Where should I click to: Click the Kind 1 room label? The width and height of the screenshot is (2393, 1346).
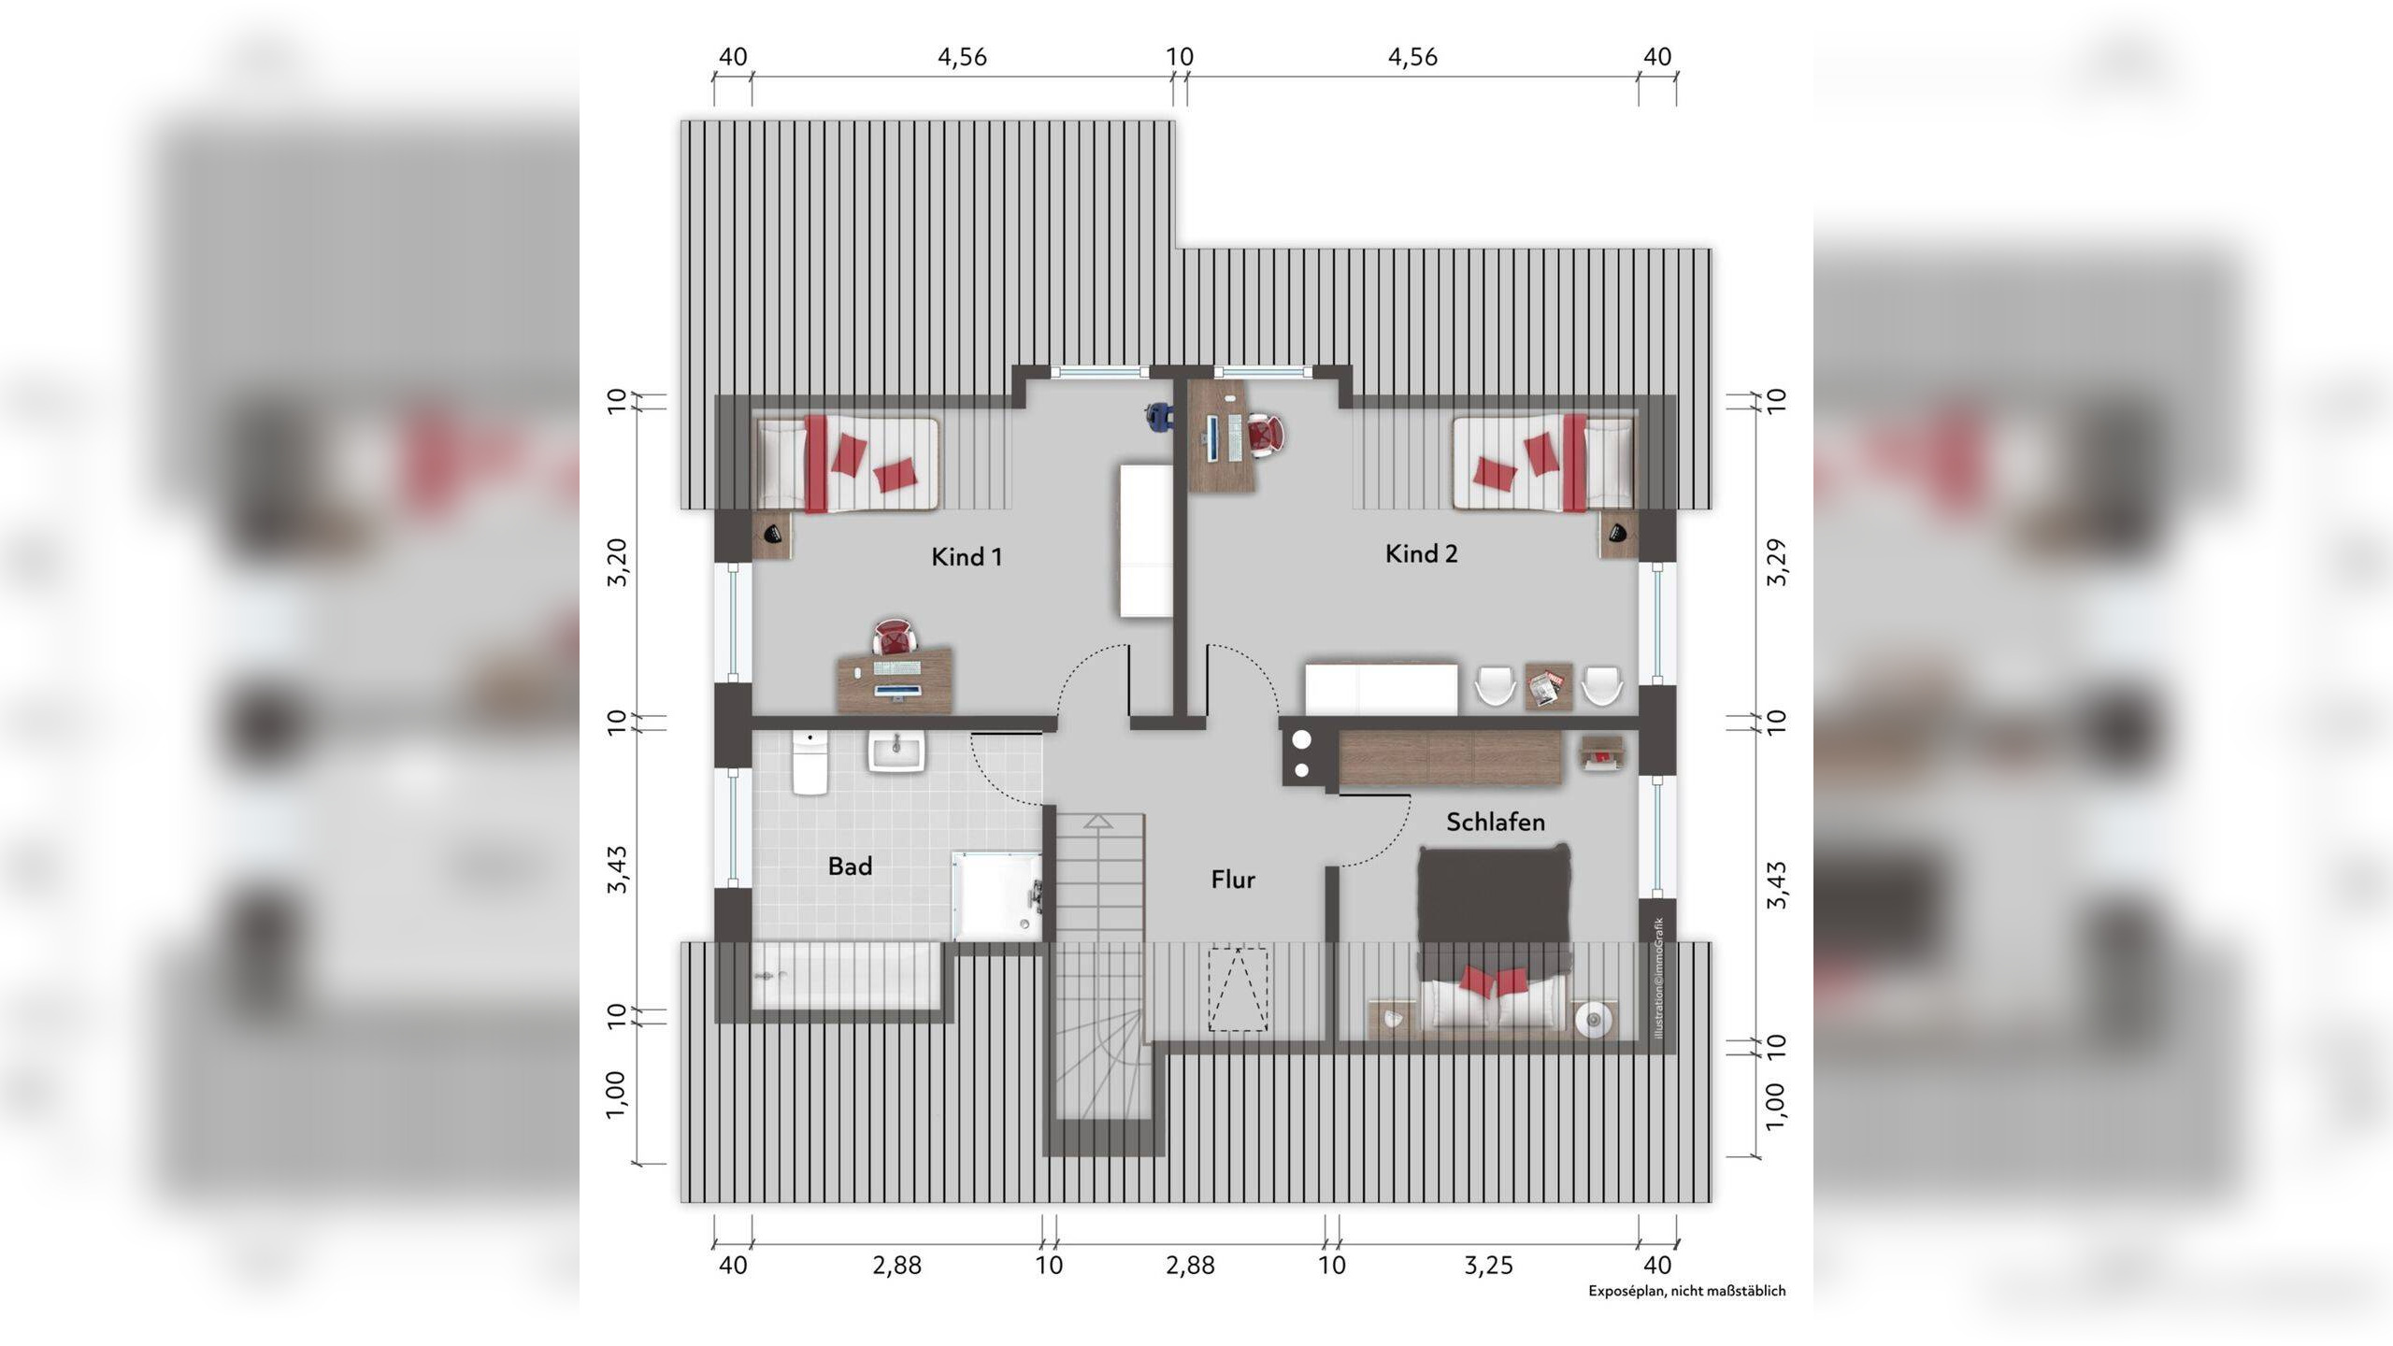[x=967, y=557]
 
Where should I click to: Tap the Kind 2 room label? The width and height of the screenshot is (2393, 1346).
[x=1421, y=553]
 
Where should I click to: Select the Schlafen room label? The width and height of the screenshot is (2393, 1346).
[x=1496, y=822]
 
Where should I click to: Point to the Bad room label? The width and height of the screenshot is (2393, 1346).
[x=850, y=866]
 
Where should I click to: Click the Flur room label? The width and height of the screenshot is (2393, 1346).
[x=1233, y=880]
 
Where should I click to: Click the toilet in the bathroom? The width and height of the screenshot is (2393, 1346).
[x=810, y=763]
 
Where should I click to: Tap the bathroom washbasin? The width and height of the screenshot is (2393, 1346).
[x=896, y=752]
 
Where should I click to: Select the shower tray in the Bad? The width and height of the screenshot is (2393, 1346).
[x=996, y=895]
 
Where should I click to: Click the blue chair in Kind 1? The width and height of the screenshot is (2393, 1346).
[x=1159, y=416]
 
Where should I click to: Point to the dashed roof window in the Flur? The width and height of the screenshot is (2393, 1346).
[x=1238, y=989]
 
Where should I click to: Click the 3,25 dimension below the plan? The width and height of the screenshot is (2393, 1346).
[x=1487, y=1266]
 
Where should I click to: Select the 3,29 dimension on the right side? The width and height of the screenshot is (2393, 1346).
[x=1777, y=563]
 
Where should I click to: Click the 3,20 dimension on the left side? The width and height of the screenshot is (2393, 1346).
[x=616, y=563]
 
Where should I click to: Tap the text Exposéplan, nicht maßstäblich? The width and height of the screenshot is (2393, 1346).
[x=1686, y=1291]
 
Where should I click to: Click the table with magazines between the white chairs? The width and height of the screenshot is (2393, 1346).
[x=1549, y=687]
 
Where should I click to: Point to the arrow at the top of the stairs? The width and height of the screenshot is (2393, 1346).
[x=1098, y=821]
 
